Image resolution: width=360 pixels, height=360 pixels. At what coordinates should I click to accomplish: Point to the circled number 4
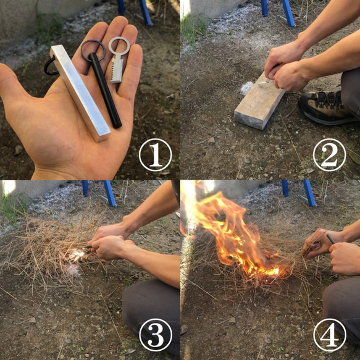pyautogui.click(x=329, y=335)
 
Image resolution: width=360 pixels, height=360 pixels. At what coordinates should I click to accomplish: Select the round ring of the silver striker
pyautogui.click(x=117, y=44)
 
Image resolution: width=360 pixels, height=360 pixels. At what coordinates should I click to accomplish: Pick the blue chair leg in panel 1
pyautogui.click(x=146, y=12)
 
